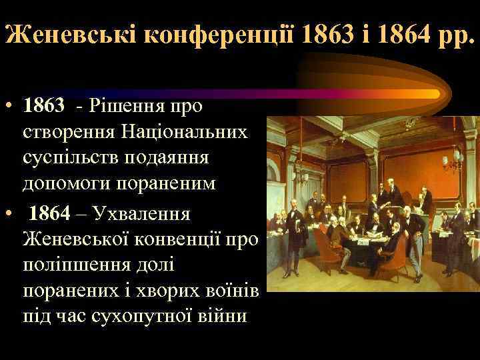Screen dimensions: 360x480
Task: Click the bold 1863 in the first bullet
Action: click(x=44, y=105)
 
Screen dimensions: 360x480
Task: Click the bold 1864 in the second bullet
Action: click(x=49, y=214)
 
